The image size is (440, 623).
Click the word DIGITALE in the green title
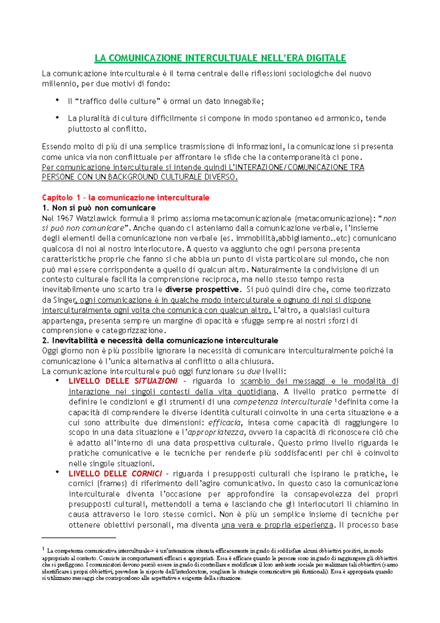point(326,58)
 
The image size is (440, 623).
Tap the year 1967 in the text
point(65,219)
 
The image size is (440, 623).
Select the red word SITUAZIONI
point(156,381)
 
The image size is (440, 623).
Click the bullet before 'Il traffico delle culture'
point(57,101)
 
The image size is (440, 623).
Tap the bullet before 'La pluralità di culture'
point(57,118)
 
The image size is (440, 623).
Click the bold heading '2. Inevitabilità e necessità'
point(160,340)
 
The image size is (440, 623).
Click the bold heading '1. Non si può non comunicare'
point(99,208)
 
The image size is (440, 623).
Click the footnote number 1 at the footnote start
point(43,549)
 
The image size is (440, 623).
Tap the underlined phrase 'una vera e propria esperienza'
point(278,525)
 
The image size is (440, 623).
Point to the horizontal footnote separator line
point(79,538)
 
